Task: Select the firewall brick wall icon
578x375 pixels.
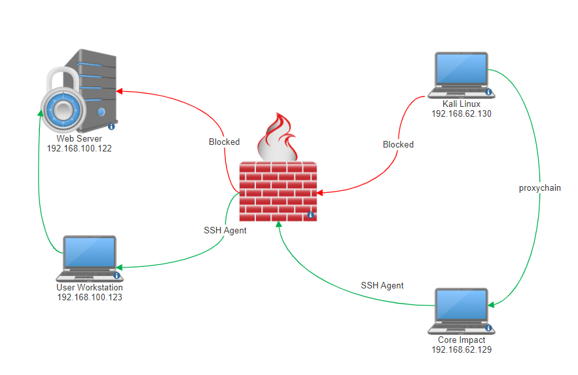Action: [x=278, y=191]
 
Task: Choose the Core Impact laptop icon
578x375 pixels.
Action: [x=461, y=311]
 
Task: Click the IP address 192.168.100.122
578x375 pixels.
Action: [x=79, y=149]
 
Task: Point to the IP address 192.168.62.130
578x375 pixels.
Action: [x=461, y=113]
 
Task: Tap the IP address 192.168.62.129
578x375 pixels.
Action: [x=461, y=350]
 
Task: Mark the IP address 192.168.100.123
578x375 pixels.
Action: [x=90, y=297]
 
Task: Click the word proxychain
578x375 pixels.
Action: [x=539, y=187]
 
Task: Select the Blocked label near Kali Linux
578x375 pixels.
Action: [x=398, y=144]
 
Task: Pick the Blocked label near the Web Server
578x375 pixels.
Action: [x=224, y=142]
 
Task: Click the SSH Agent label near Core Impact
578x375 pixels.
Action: [x=382, y=285]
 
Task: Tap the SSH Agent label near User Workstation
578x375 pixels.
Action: [x=225, y=230]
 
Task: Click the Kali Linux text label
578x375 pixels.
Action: [x=461, y=104]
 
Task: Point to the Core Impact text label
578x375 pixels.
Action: [x=461, y=340]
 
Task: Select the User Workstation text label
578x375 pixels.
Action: [x=90, y=287]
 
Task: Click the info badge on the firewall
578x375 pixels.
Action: [x=310, y=215]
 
